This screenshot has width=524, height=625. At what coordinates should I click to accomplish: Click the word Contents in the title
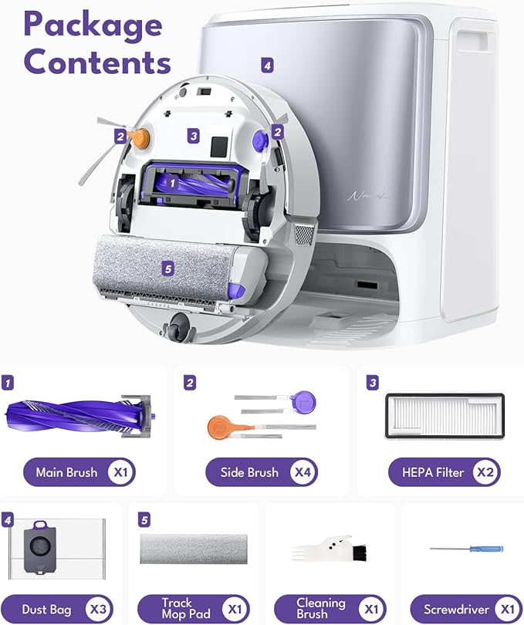pos(97,62)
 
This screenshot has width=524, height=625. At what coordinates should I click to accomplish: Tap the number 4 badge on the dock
pos(267,65)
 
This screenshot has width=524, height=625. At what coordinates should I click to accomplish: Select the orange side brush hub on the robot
pos(141,137)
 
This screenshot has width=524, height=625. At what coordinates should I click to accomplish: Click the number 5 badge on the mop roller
pos(168,269)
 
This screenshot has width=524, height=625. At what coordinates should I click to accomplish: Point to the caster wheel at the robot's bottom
pos(181,327)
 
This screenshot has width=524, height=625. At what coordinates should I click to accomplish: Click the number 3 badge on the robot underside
pos(194,136)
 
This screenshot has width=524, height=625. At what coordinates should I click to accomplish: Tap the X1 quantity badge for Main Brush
pos(121,472)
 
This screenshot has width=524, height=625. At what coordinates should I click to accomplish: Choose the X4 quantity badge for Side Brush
pos(303,472)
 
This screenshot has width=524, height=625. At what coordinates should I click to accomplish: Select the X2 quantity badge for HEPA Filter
pos(485,472)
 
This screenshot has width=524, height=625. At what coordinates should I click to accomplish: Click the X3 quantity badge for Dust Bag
pos(98,609)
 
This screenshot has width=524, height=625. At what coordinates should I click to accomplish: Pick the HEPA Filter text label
pos(433,472)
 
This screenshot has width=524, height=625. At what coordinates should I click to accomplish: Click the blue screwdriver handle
pos(486,549)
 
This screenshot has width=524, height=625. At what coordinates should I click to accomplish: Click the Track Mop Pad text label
pos(186,609)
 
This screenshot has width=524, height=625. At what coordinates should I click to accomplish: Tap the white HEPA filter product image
pos(445,415)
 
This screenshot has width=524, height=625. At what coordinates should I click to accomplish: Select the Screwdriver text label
pos(456,610)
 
